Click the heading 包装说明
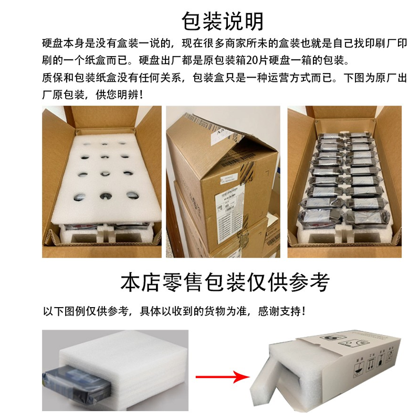click(223, 21)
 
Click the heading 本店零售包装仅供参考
click(225, 282)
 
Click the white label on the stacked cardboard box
click(226, 202)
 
